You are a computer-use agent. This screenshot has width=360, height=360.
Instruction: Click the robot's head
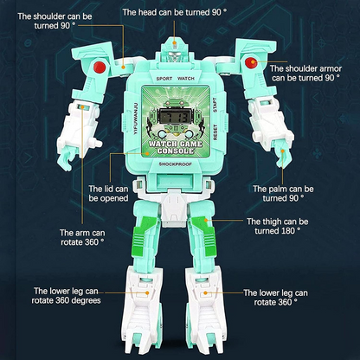(174, 51)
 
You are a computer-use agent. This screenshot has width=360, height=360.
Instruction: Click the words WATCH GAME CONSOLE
(176, 147)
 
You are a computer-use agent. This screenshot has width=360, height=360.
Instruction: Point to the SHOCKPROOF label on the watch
(176, 164)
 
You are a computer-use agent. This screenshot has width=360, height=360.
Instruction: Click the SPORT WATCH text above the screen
(176, 79)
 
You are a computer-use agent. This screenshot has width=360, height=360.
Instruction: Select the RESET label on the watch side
(215, 132)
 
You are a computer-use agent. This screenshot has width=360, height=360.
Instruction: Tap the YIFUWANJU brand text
(137, 119)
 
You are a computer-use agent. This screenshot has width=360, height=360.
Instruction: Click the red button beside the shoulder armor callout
(251, 62)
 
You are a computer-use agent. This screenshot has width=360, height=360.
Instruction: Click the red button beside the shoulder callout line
(100, 67)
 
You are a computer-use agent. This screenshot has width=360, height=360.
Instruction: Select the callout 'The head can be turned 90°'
(175, 12)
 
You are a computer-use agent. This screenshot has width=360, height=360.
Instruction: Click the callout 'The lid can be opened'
(108, 194)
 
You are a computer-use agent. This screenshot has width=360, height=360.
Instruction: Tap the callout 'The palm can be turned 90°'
(283, 194)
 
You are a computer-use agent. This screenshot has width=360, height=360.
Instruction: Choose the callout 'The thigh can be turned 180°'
(277, 226)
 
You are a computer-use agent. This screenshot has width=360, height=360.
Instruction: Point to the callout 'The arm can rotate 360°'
(82, 237)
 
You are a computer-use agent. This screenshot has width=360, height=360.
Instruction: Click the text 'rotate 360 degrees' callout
(66, 300)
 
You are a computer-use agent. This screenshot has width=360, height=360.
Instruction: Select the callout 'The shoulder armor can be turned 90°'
(305, 74)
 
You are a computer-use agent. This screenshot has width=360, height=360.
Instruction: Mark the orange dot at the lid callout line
(147, 154)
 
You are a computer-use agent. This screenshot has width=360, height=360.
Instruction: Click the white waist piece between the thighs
(174, 209)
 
